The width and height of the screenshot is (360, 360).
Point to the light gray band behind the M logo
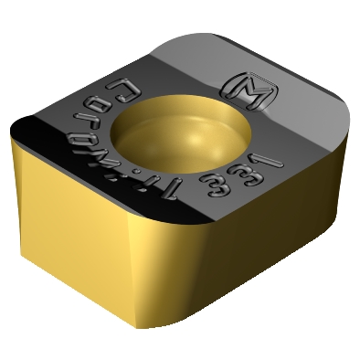click(274, 69)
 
